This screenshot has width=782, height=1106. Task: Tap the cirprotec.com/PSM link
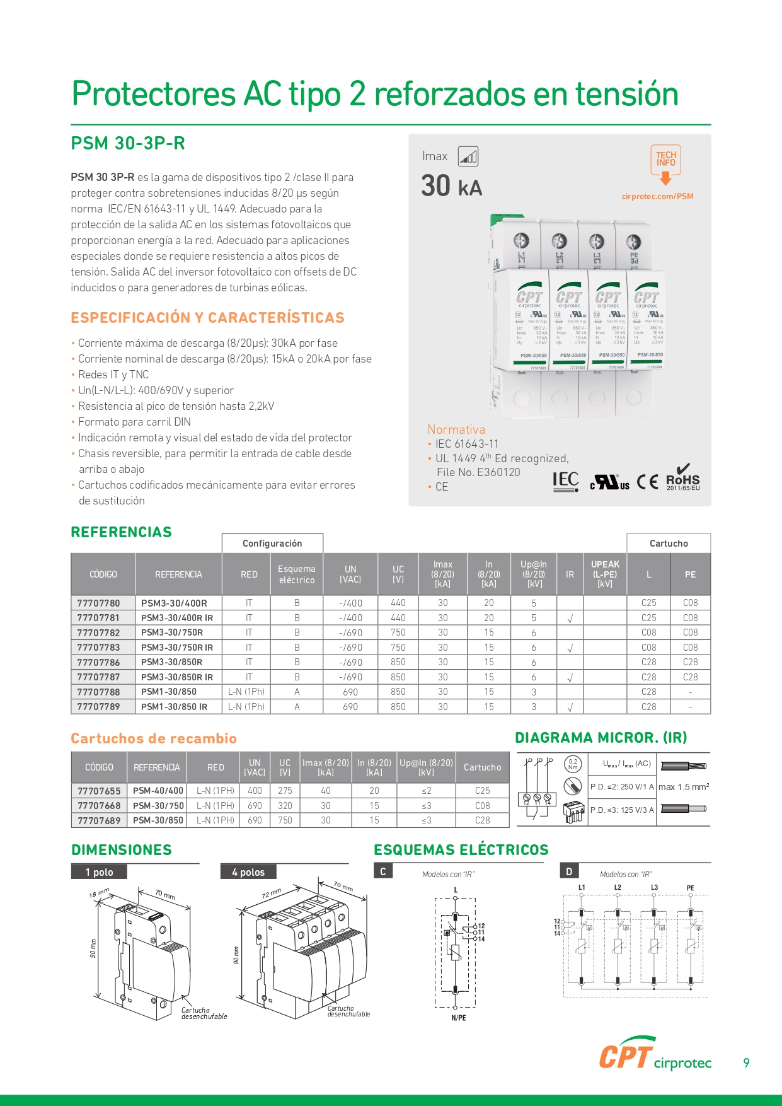click(x=657, y=196)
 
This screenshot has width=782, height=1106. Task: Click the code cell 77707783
click(x=98, y=648)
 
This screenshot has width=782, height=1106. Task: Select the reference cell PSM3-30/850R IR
click(x=177, y=677)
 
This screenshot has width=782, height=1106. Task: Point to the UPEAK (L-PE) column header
click(x=605, y=574)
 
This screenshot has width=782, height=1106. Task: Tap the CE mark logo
click(x=648, y=482)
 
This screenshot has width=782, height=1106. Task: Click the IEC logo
click(x=565, y=481)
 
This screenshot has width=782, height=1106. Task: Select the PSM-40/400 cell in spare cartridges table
click(x=158, y=791)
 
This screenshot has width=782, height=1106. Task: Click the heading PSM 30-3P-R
click(x=128, y=144)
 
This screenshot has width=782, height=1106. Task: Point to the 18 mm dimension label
click(x=99, y=894)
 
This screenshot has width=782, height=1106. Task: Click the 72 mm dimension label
click(x=271, y=894)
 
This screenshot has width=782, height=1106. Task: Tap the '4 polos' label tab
click(x=248, y=872)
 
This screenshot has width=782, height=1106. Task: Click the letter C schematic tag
click(x=382, y=871)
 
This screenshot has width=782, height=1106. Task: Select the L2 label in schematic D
click(x=618, y=888)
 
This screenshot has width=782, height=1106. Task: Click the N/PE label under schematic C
click(x=459, y=1018)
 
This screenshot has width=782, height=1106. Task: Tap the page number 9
click(x=746, y=1063)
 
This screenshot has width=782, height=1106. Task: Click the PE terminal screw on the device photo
click(x=633, y=242)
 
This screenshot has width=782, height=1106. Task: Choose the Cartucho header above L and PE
click(x=669, y=544)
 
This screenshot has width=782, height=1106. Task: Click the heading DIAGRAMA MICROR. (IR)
click(x=601, y=738)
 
